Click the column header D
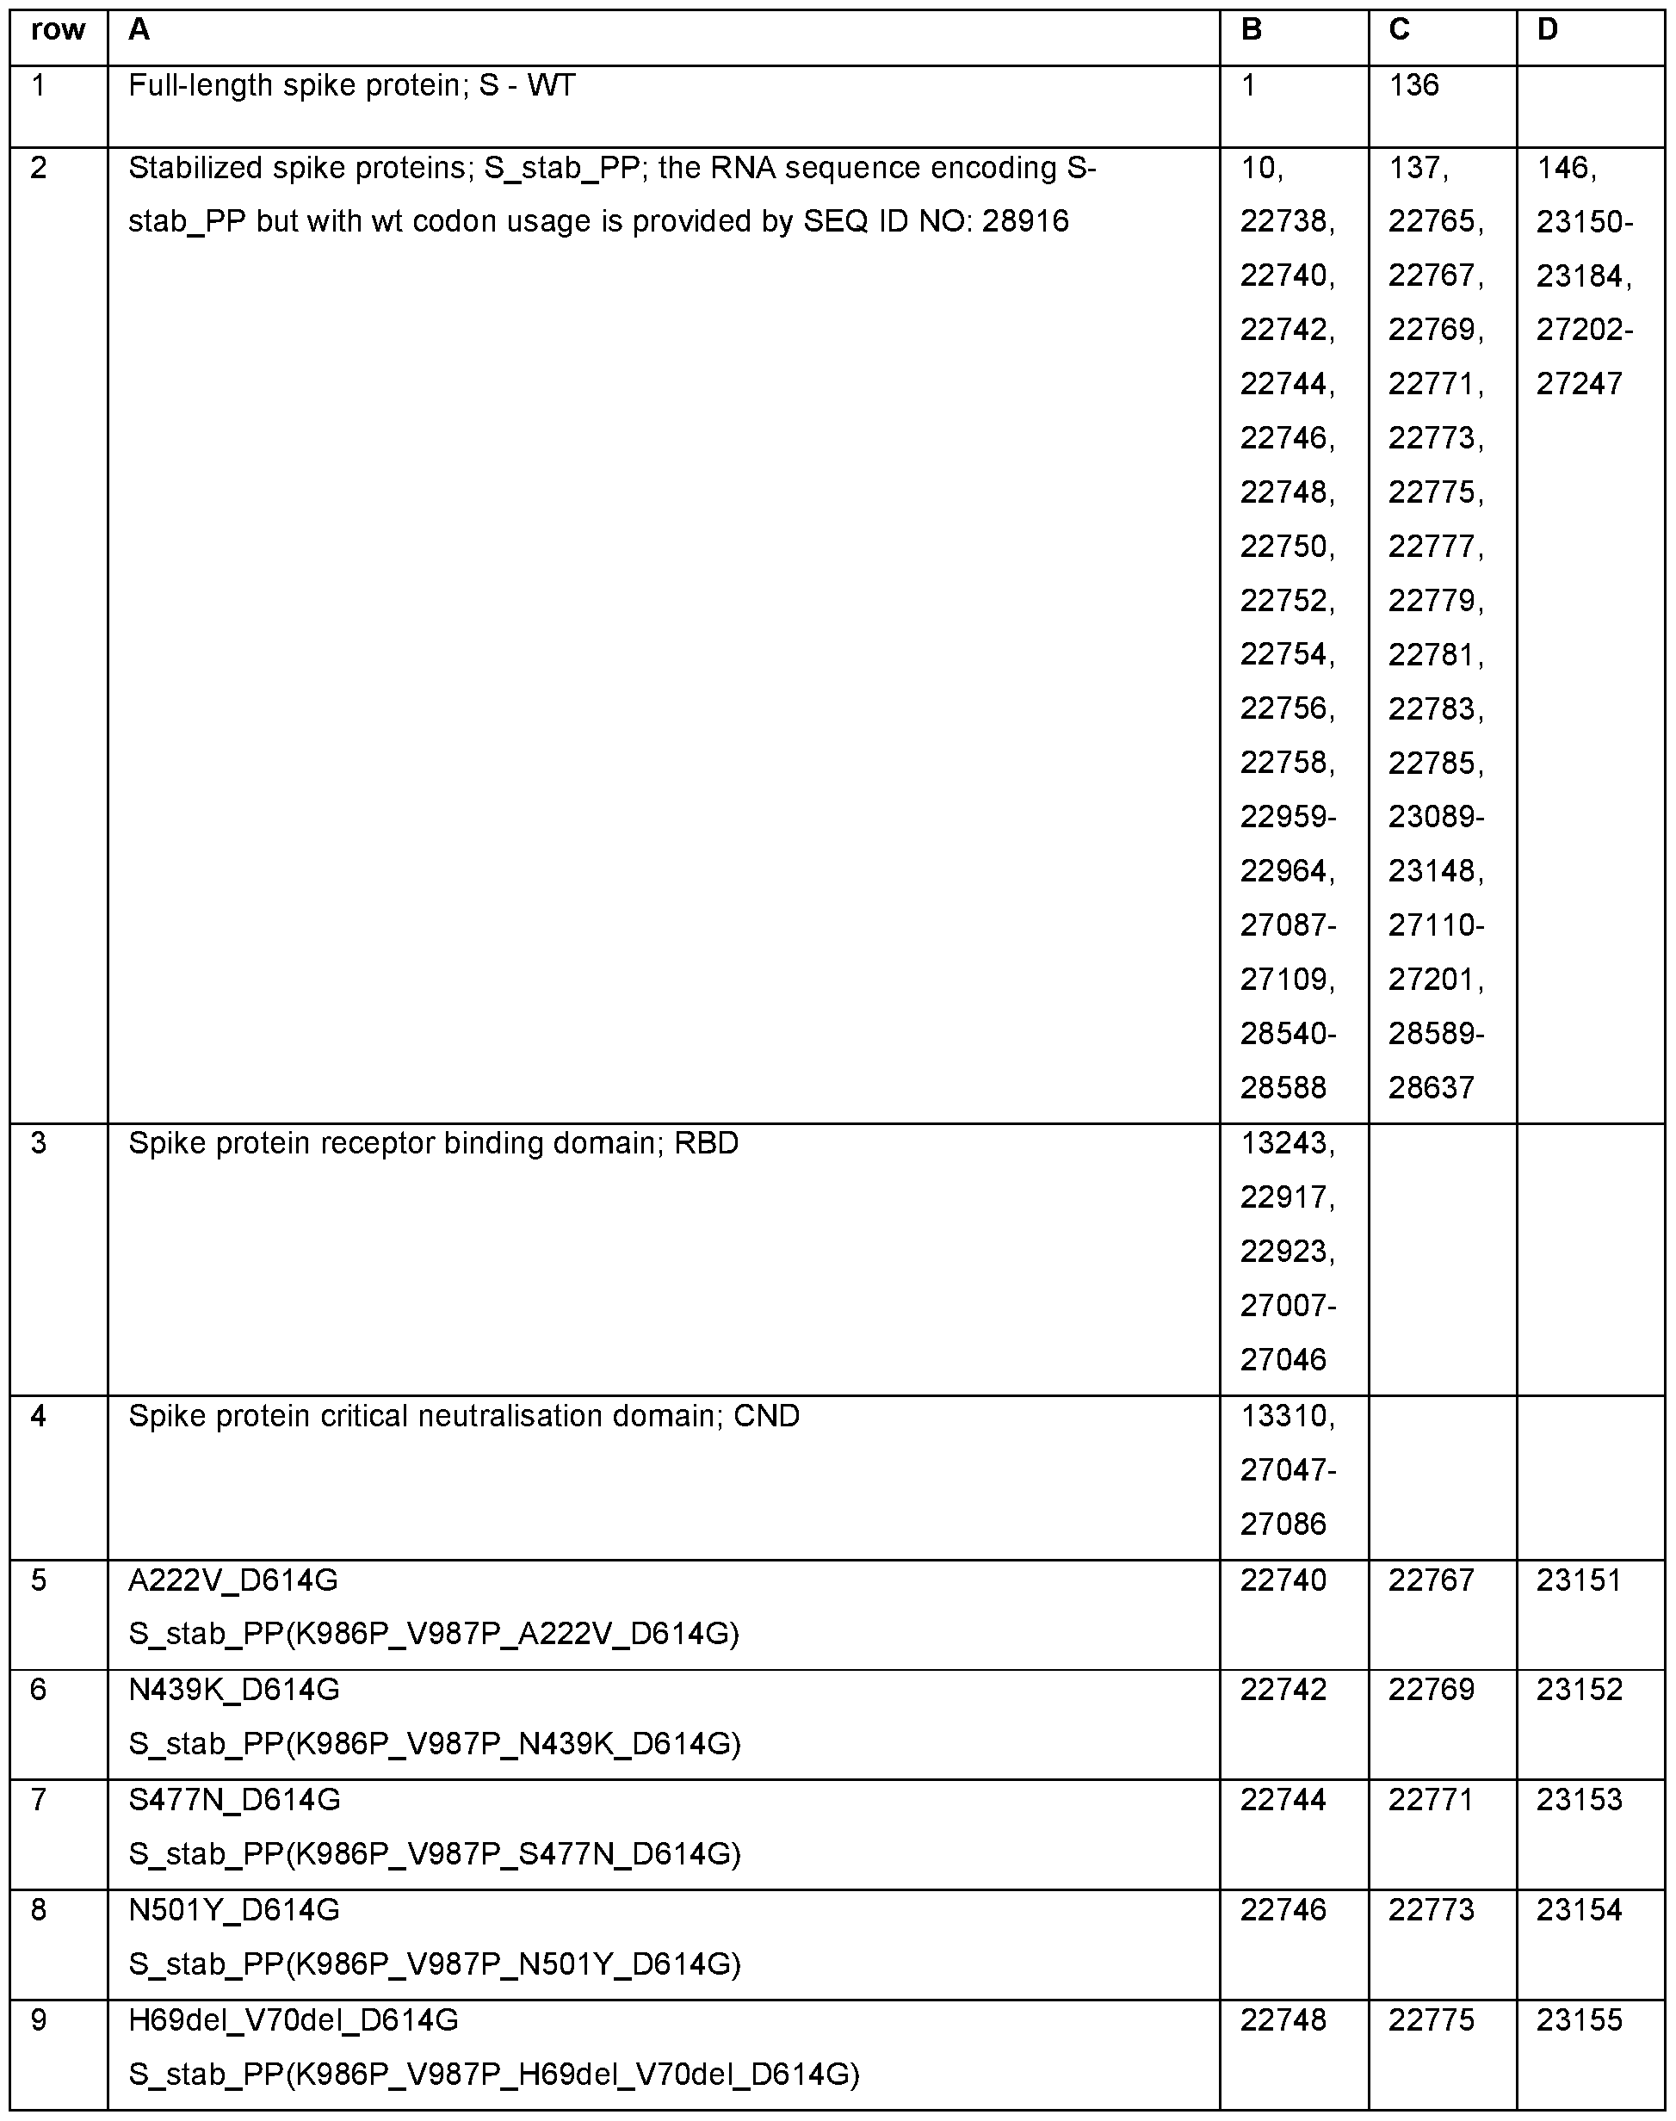tap(1548, 30)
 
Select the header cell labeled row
tap(58, 30)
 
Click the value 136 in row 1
tap(1414, 85)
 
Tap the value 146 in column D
tap(1566, 168)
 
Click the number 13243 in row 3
tap(1286, 1144)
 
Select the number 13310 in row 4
tap(1286, 1417)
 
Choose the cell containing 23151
tap(1579, 1580)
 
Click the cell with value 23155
tap(1579, 2020)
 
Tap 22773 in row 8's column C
tap(1431, 1910)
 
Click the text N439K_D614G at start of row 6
tap(233, 1690)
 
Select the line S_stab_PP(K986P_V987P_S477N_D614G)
tap(435, 1854)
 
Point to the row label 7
tap(38, 1800)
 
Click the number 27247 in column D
tap(1579, 384)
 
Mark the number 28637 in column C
tap(1431, 1088)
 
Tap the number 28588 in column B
tap(1283, 1088)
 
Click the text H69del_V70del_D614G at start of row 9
tap(294, 2020)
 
